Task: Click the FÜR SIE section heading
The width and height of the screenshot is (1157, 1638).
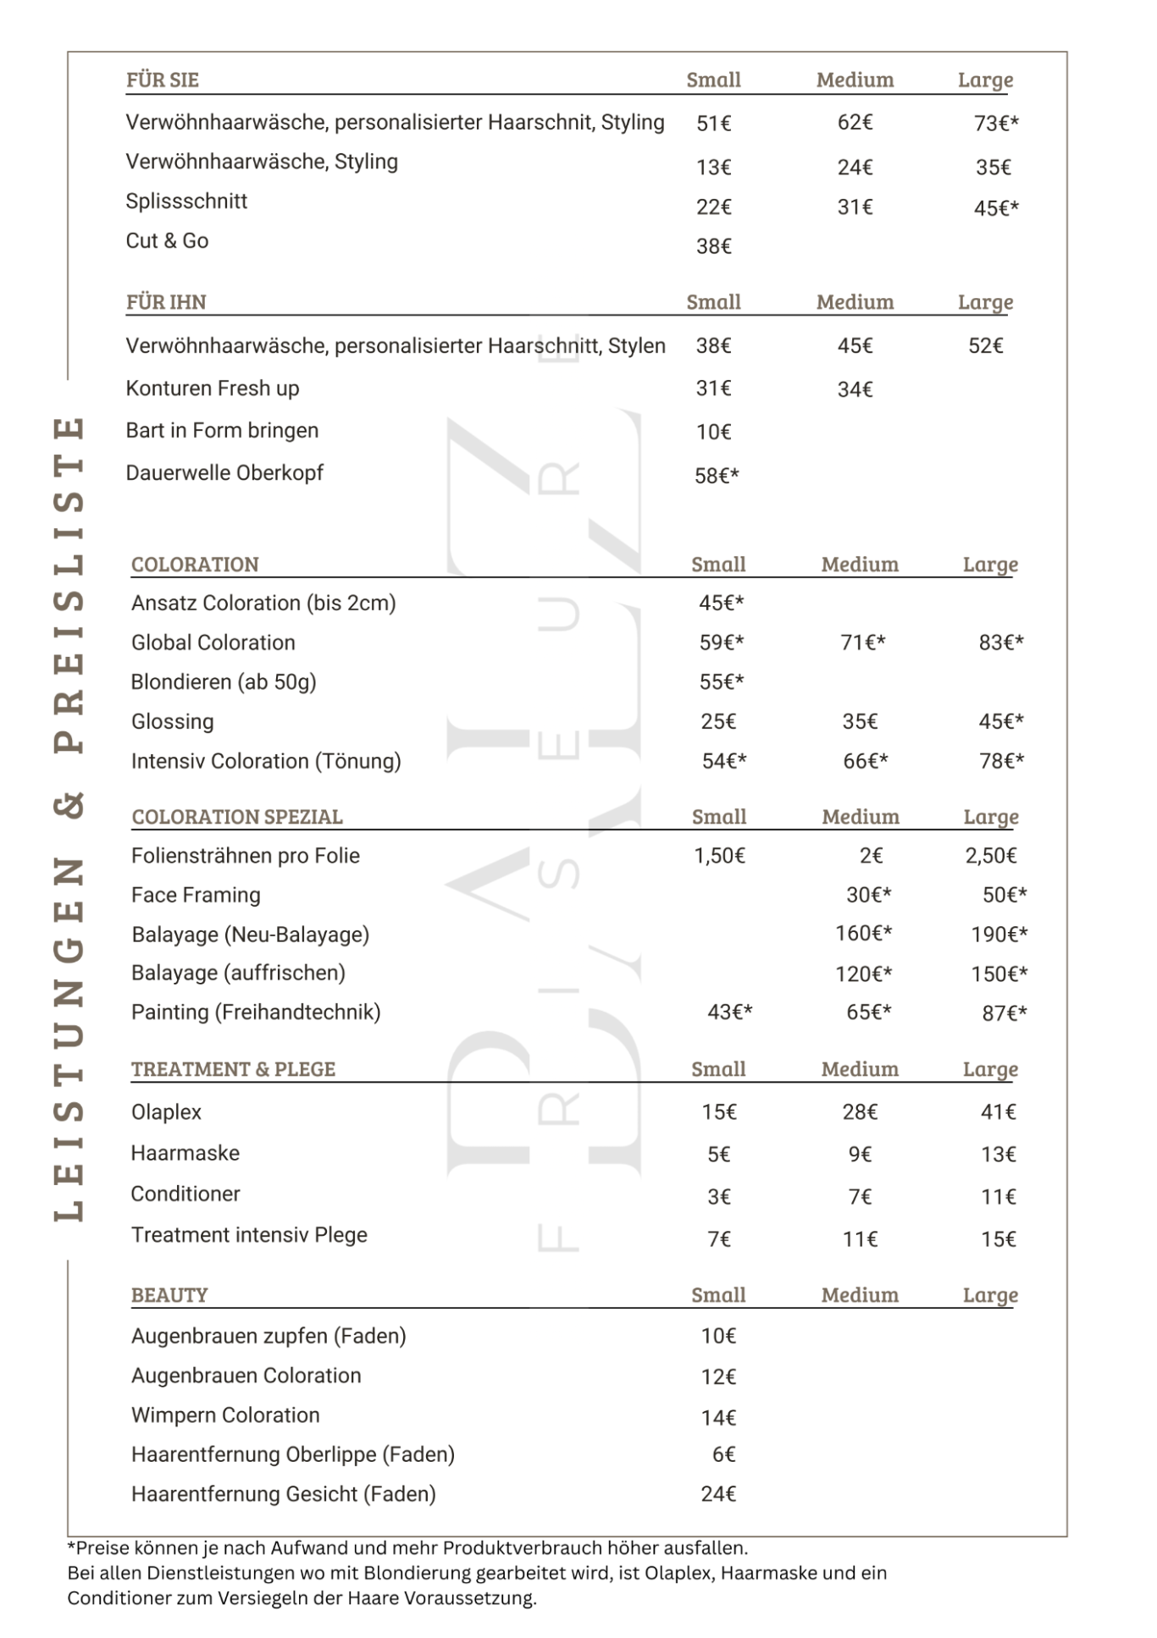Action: point(162,80)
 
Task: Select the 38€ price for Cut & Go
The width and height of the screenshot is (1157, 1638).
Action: point(713,246)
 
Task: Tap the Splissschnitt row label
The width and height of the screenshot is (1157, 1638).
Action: point(186,201)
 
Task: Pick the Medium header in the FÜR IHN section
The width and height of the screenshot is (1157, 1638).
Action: point(855,302)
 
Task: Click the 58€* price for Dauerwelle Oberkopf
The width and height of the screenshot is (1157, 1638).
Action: point(717,476)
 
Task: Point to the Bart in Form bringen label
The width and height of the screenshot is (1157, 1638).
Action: point(222,431)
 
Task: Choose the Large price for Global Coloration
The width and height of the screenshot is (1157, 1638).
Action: point(1000,643)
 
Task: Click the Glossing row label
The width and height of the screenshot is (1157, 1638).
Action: point(172,721)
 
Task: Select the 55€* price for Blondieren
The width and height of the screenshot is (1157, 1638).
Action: point(721,681)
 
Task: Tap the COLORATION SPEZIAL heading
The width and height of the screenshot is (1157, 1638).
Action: point(237,817)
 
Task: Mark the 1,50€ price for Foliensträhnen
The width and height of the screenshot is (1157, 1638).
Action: point(719,856)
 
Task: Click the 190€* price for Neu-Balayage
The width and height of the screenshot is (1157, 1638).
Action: point(999,935)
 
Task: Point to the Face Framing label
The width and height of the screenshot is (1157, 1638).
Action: point(196,895)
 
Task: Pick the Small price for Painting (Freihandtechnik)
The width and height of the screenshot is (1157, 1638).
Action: point(729,1012)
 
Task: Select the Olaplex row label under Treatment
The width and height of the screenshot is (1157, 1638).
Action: point(166,1112)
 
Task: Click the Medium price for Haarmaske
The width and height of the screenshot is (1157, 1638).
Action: point(860,1155)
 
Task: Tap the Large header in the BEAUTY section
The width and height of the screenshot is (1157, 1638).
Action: point(990,1295)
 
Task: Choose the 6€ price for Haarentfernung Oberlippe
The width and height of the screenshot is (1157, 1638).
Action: point(723,1454)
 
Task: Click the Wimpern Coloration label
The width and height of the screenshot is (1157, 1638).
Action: point(225,1415)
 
